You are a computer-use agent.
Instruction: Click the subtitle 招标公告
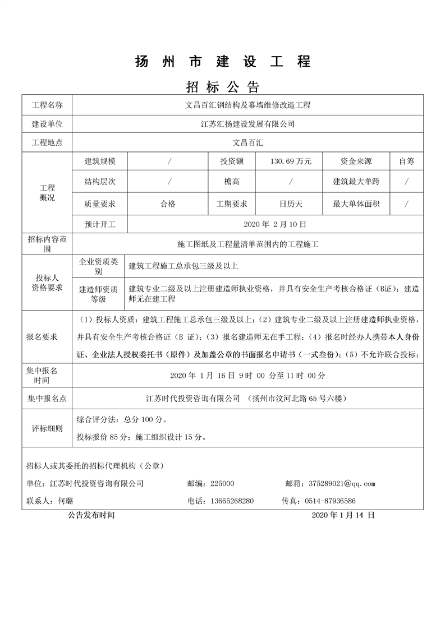222,87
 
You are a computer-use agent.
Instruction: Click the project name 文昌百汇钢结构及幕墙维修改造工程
247,105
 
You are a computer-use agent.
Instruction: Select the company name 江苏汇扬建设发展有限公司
247,124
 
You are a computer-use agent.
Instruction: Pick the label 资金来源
356,161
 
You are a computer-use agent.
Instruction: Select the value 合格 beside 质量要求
168,203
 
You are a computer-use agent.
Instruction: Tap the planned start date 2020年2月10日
275,224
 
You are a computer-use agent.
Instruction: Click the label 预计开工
100,224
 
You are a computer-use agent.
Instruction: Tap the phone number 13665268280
231,501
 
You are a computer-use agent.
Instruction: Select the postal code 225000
222,483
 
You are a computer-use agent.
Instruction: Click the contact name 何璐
66,501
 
